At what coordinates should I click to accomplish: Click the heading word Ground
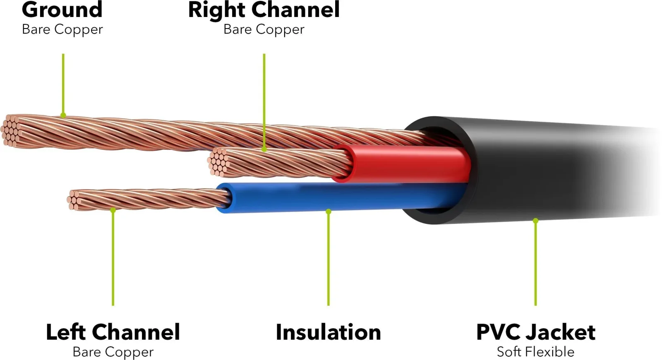click(x=62, y=10)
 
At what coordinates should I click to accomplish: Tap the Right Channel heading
click(x=264, y=10)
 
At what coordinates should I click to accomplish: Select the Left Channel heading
click(x=113, y=332)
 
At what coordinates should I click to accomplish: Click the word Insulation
click(x=329, y=332)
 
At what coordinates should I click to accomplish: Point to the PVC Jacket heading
click(x=536, y=332)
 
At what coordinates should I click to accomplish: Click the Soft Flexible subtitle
click(x=535, y=352)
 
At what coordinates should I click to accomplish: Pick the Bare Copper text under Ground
click(x=62, y=29)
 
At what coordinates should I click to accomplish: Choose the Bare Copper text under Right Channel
click(x=264, y=29)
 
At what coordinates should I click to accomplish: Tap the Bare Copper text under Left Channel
click(x=113, y=352)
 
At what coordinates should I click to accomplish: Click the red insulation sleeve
click(x=402, y=163)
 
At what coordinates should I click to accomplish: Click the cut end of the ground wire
click(x=11, y=131)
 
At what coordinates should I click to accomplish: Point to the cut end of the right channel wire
click(x=218, y=162)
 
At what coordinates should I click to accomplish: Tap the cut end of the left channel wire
click(x=74, y=200)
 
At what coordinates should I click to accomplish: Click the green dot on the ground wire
click(x=63, y=115)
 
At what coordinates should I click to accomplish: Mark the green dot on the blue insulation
click(x=329, y=211)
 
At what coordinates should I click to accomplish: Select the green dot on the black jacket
click(x=535, y=221)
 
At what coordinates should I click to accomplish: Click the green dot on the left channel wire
click(x=113, y=210)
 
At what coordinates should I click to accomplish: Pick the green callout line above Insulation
click(x=329, y=259)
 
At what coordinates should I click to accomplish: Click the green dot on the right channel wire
click(x=264, y=149)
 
